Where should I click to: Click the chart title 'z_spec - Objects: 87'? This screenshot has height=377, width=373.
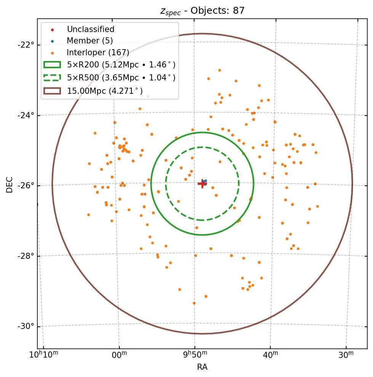[x=202, y=11]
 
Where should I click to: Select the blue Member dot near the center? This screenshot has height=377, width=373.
[x=205, y=181]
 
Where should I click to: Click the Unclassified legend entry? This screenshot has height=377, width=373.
[x=90, y=29]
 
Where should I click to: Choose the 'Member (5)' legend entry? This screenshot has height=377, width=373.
[x=90, y=41]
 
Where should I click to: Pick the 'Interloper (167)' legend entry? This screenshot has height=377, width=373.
[x=98, y=53]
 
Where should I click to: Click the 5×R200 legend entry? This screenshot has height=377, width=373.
[x=121, y=65]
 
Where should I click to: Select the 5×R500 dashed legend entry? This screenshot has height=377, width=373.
[x=121, y=78]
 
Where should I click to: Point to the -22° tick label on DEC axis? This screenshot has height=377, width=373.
[x=26, y=45]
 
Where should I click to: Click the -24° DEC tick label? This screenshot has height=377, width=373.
[x=26, y=115]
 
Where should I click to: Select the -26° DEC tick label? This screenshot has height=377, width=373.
[x=26, y=186]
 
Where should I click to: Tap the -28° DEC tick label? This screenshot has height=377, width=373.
[x=26, y=256]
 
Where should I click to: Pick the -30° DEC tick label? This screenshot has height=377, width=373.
[x=26, y=326]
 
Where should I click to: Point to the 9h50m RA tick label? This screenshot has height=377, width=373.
[x=195, y=355]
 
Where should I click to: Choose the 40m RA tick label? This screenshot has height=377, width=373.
[x=270, y=355]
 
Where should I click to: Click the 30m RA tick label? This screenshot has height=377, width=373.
[x=346, y=355]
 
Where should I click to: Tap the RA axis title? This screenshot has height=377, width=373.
[x=202, y=367]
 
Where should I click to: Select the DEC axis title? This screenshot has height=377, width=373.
[x=10, y=184]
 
